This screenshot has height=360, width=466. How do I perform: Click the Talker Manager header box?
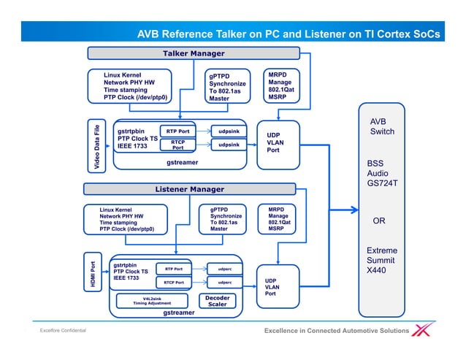(193, 53)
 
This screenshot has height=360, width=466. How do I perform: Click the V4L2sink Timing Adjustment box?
(152, 301)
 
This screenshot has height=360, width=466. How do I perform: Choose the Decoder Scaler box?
(217, 301)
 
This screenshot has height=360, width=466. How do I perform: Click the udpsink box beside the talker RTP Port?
(229, 131)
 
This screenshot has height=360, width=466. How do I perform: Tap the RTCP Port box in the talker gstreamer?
(177, 145)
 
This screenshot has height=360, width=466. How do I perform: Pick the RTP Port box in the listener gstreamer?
(173, 268)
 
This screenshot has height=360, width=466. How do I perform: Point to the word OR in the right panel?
(379, 221)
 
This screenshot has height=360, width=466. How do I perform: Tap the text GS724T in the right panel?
(385, 184)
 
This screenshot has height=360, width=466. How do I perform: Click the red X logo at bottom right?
(423, 331)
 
